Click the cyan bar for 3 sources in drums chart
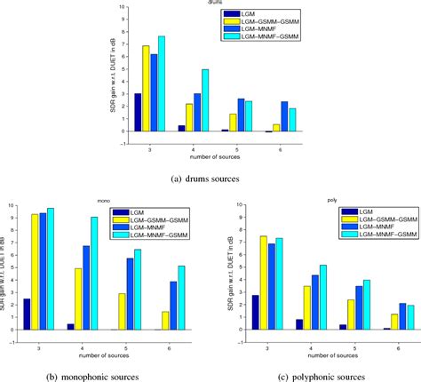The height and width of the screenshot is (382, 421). click(x=162, y=84)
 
